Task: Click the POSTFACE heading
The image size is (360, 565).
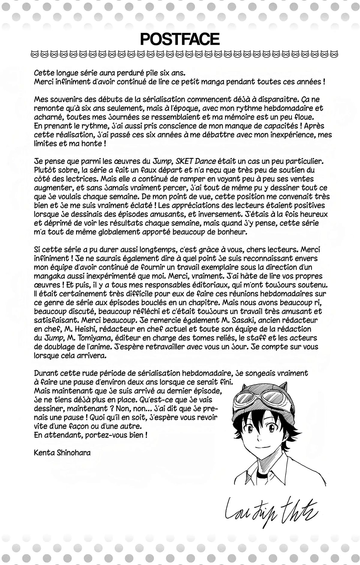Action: coord(180,39)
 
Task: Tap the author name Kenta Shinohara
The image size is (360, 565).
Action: coord(62,453)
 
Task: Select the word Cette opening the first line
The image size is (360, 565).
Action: coord(43,73)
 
